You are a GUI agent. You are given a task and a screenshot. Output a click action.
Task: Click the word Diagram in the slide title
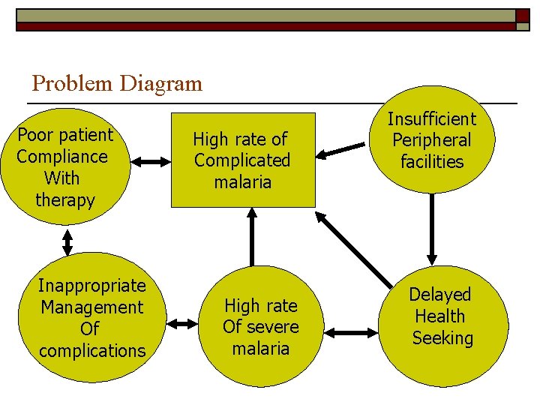point(163,83)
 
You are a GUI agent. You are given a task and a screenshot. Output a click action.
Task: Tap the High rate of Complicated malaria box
point(242,160)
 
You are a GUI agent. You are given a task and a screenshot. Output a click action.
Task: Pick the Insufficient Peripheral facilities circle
point(432,140)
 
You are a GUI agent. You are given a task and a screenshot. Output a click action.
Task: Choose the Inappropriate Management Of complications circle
point(91,317)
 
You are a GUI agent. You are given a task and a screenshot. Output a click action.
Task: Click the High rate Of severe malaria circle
point(260,327)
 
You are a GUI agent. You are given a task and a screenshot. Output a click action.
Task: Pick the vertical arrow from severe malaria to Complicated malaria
point(252,236)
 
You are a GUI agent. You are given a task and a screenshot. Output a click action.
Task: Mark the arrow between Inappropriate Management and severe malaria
point(181,324)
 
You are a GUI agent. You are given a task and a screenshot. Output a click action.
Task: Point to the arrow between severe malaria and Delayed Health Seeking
point(352,331)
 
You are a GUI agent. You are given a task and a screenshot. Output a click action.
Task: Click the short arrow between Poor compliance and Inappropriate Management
point(67,241)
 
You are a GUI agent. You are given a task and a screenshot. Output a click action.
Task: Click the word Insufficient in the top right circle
point(432,118)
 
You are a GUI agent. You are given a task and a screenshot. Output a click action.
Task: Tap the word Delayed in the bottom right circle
point(440,295)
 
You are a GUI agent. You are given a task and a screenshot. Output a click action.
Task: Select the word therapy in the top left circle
point(65,200)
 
